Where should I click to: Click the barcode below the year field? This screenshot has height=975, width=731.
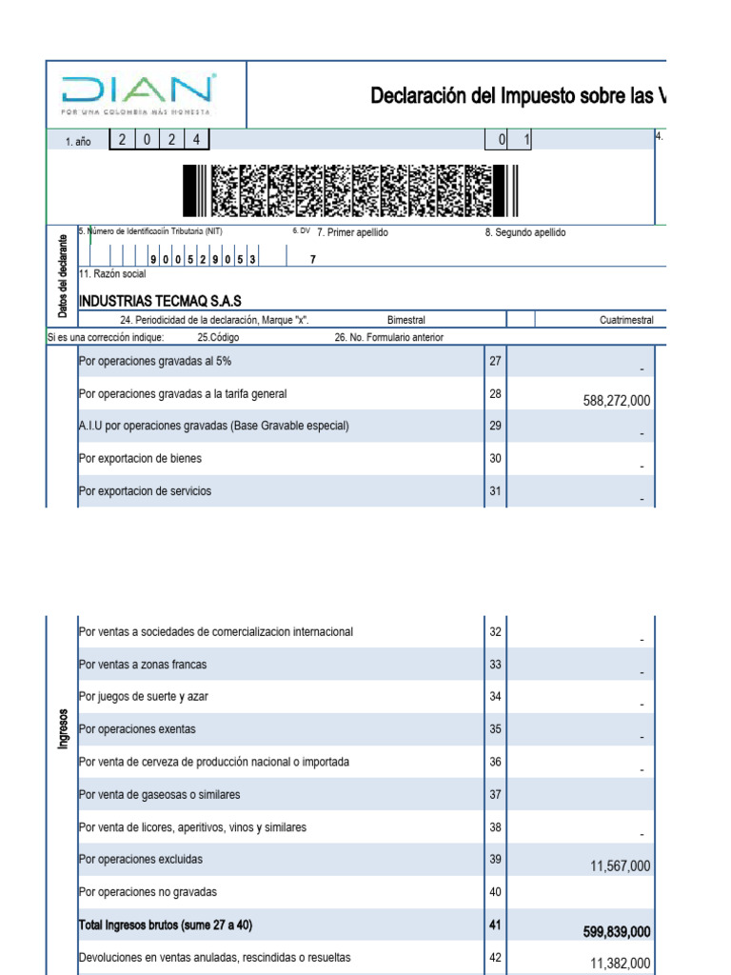click(350, 190)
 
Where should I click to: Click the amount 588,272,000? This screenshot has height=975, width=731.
click(617, 401)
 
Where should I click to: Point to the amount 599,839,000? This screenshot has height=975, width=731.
click(617, 932)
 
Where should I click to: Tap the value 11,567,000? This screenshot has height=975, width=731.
click(621, 866)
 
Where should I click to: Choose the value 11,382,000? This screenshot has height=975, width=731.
click(621, 964)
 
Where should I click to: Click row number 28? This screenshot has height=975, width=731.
click(495, 393)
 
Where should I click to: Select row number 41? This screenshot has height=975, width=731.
click(495, 925)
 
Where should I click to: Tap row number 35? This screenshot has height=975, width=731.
click(495, 729)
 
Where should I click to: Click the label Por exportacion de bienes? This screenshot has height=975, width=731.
click(140, 459)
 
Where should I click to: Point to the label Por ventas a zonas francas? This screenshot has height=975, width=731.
click(143, 664)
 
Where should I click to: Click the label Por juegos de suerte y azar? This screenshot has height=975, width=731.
click(144, 697)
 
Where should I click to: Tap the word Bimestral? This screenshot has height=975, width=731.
click(406, 320)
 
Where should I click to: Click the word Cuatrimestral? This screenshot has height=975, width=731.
click(626, 320)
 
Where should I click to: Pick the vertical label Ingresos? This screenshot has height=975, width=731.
click(63, 728)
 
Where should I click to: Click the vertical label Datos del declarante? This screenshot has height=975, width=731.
click(63, 275)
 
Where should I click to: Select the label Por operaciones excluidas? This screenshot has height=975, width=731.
click(141, 859)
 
